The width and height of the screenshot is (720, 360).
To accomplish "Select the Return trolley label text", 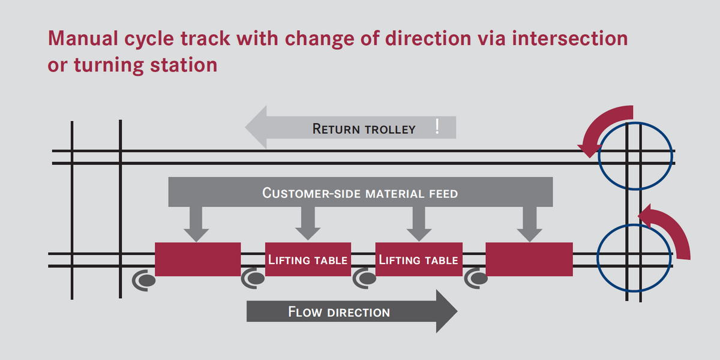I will pos(364,128).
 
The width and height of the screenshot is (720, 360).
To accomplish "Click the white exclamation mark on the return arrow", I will pos(437,127).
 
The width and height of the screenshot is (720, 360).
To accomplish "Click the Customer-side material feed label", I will pos(360,193).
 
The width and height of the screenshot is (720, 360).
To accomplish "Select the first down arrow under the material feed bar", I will pos(196,225).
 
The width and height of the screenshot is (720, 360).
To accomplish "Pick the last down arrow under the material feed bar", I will pos(529,225).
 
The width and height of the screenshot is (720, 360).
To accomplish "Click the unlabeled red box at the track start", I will pos(197,259).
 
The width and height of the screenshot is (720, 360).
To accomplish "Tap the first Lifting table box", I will pos(308,259).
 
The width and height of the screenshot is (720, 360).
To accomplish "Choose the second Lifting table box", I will pos(418,259).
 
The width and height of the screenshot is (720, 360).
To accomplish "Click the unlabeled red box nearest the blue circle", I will pos(529,259).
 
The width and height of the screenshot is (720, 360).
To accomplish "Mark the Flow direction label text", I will pos(339,312).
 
